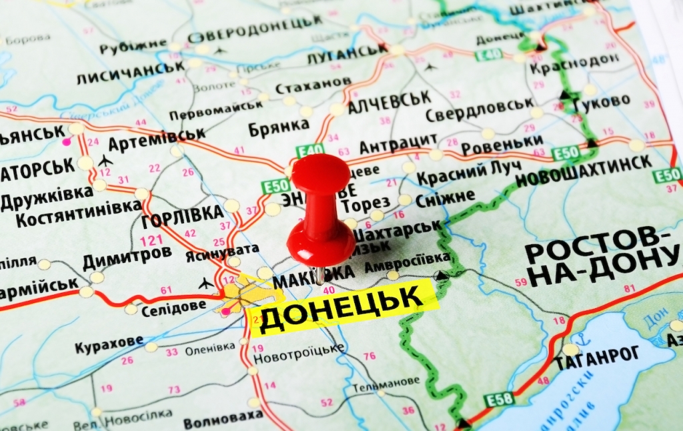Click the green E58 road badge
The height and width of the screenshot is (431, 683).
click(499, 400)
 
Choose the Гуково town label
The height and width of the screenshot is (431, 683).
click(601, 102)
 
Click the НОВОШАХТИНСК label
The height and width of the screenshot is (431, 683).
click(584, 163)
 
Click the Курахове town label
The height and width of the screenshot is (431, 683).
click(108, 344)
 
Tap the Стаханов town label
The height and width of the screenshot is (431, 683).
click(313, 85)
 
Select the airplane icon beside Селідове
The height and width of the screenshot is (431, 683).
click(206, 284)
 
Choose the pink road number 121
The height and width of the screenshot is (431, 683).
click(151, 240)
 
